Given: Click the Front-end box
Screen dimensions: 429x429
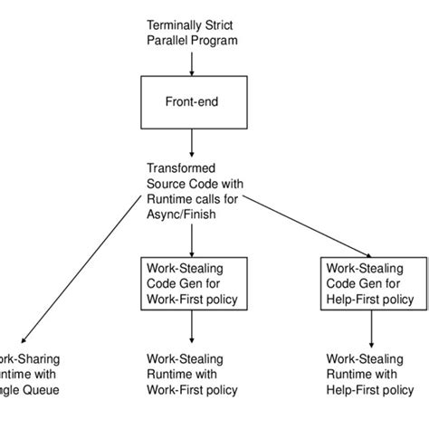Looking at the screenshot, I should click(x=191, y=102).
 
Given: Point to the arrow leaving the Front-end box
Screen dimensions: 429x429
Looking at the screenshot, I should click(x=191, y=142).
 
